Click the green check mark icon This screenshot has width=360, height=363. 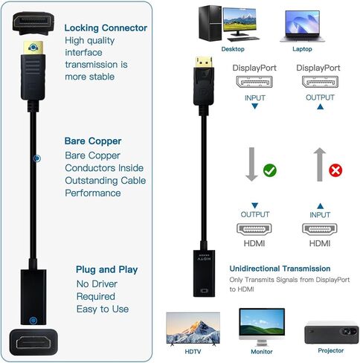click(270, 170)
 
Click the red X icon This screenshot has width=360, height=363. click(335, 170)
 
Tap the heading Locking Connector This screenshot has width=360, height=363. click(106, 28)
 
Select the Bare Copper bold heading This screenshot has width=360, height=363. click(93, 141)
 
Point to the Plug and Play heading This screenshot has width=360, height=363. click(106, 269)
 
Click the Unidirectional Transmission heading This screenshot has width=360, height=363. click(280, 269)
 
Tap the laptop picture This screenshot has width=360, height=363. click(303, 26)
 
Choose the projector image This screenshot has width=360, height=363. click(332, 333)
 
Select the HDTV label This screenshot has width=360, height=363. click(193, 351)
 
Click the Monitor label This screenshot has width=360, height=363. click(262, 351)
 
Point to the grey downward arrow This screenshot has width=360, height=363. click(251, 164)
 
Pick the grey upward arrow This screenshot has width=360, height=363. click(320, 164)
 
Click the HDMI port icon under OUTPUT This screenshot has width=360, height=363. click(254, 229)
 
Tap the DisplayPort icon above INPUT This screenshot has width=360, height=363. click(254, 82)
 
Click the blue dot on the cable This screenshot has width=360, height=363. click(37, 158)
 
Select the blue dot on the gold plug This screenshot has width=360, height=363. click(33, 48)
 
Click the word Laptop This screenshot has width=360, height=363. click(302, 49)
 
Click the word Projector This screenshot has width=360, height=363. click(331, 350)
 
